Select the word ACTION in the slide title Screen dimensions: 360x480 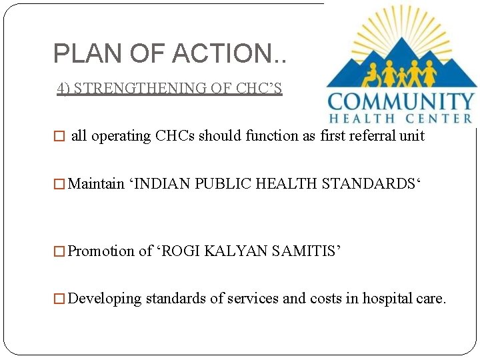[220, 53]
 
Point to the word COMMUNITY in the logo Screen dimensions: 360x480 [401, 103]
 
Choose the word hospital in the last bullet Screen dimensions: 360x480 [389, 299]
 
